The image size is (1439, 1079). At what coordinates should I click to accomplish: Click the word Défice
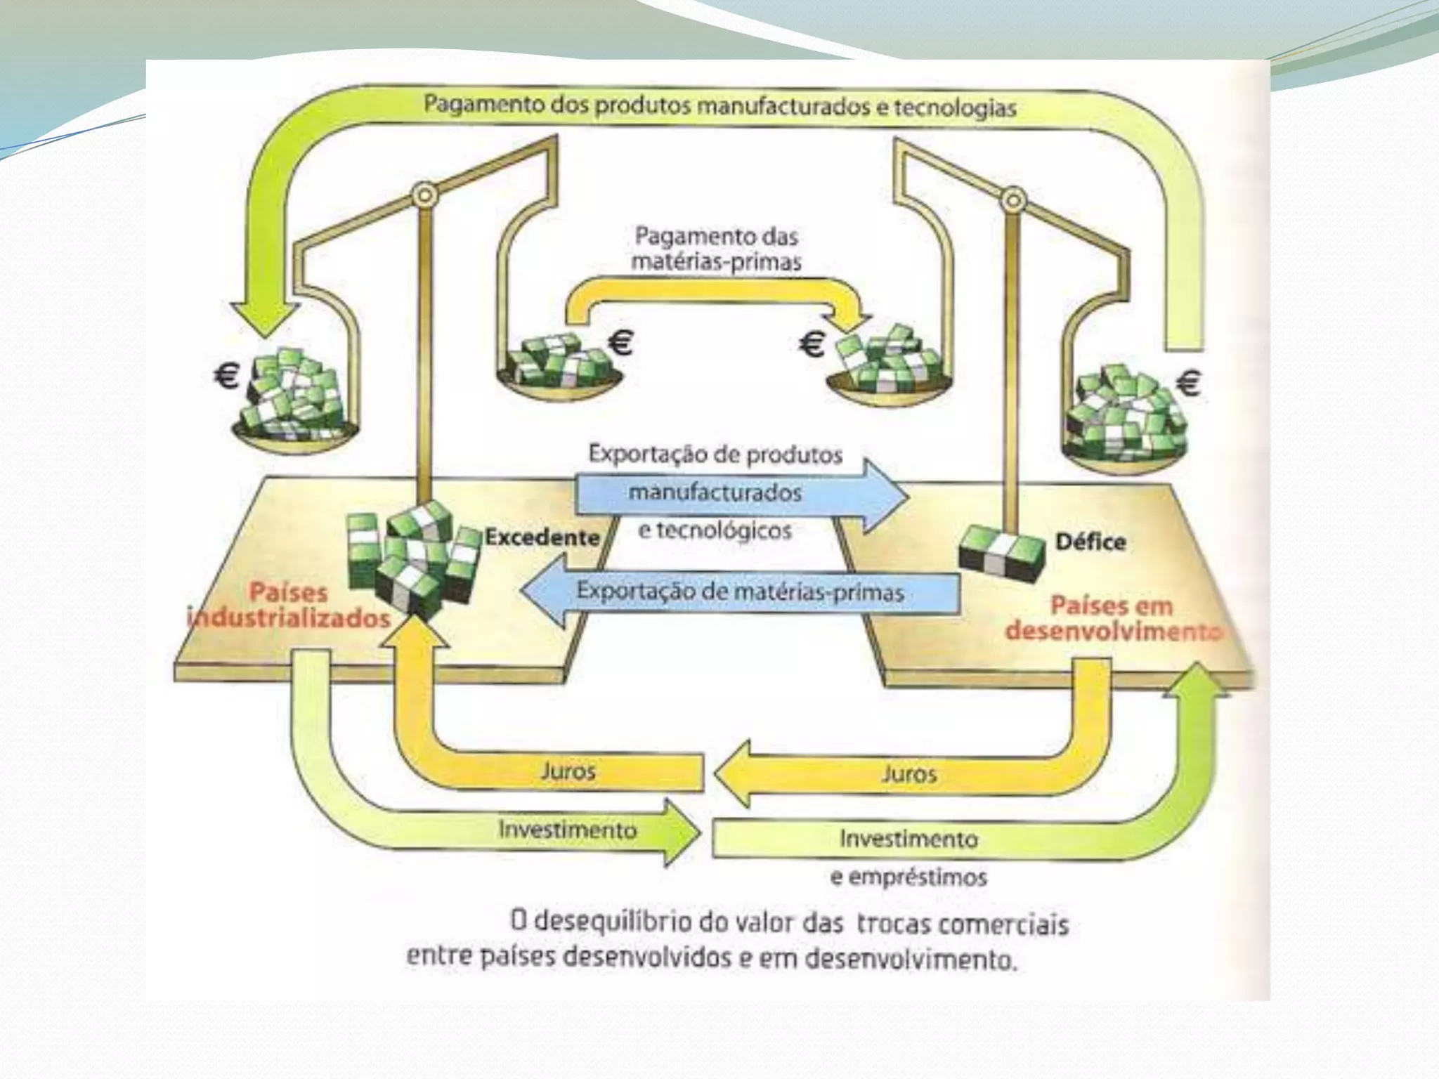1090,542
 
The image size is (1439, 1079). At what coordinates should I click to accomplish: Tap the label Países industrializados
289,605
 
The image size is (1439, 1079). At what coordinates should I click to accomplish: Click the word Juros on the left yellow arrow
568,771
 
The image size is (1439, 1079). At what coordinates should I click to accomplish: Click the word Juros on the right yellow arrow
909,774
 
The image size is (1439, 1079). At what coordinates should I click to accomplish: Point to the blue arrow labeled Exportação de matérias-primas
739,591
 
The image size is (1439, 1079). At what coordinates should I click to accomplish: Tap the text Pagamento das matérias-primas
715,248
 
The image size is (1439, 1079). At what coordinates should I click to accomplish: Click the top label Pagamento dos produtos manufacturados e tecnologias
719,107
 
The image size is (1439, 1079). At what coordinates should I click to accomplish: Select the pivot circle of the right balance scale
1012,200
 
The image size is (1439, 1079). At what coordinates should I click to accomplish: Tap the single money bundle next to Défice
1001,551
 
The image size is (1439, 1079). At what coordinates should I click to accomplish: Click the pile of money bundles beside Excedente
413,562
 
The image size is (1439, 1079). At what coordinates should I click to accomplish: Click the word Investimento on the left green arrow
568,830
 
